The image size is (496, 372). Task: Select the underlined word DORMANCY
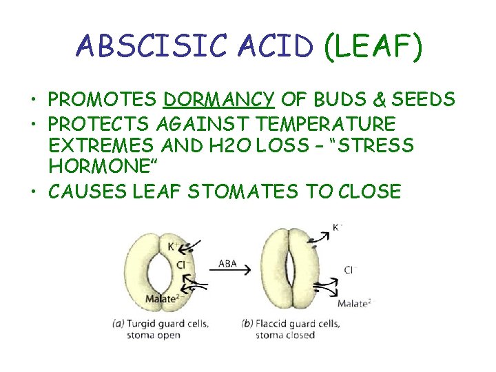pos(218,101)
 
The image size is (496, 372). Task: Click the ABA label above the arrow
pos(227,262)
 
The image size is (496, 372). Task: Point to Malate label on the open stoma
pos(161,298)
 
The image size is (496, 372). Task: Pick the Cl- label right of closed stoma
pos(348,270)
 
